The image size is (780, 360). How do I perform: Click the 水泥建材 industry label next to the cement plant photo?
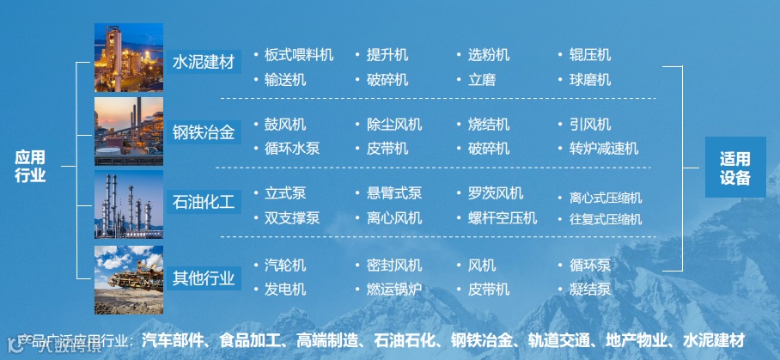[204, 62]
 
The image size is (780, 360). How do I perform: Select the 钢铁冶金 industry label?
[204, 132]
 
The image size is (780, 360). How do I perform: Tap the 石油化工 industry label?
[204, 203]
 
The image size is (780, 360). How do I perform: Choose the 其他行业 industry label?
[204, 278]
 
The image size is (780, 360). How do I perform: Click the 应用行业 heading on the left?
[30, 167]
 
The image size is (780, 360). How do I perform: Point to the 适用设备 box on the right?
[734, 168]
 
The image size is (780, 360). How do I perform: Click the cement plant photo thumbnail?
[129, 58]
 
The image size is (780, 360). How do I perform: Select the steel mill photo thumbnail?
[129, 131]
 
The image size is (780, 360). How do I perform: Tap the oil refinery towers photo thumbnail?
[129, 204]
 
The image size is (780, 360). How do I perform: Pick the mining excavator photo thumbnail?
[129, 279]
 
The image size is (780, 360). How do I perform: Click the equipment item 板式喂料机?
[298, 55]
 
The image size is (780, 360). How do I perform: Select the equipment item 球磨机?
[590, 80]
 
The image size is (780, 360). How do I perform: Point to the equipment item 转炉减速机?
[604, 149]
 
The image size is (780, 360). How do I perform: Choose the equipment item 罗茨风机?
[496, 193]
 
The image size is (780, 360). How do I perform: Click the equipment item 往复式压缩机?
[606, 219]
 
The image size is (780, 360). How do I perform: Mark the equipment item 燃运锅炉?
[394, 290]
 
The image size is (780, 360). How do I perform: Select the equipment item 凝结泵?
[590, 290]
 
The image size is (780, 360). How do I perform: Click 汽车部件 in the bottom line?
[175, 339]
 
